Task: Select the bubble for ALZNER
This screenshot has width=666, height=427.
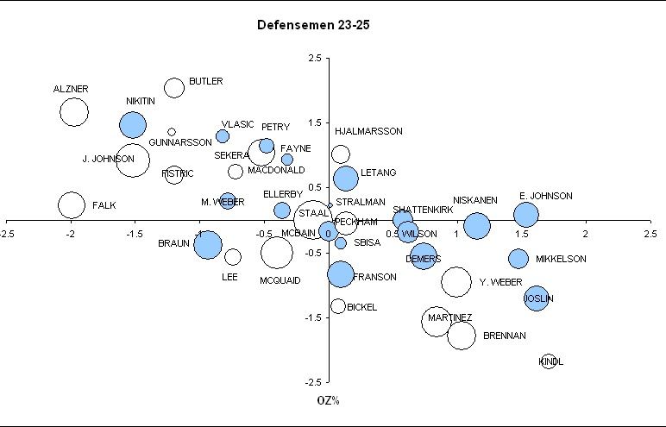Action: click(74, 112)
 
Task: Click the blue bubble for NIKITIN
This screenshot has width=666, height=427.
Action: click(133, 124)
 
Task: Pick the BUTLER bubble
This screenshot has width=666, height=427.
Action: click(174, 87)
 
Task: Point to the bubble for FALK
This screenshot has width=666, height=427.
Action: click(72, 204)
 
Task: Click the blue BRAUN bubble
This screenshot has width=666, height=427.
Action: click(208, 245)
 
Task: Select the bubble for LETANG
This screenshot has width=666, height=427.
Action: click(345, 178)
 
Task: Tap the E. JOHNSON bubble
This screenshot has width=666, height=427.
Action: click(526, 215)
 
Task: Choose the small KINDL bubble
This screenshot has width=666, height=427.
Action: click(547, 361)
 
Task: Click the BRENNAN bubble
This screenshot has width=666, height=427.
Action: click(462, 335)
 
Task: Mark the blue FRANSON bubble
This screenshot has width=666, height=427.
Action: click(341, 274)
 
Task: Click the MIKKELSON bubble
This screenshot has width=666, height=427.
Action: click(518, 259)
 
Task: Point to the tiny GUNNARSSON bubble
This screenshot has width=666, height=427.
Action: click(172, 132)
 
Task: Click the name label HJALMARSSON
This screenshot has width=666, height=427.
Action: click(368, 132)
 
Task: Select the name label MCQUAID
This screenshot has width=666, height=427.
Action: click(280, 280)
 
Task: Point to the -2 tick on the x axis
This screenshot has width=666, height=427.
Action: click(71, 234)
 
